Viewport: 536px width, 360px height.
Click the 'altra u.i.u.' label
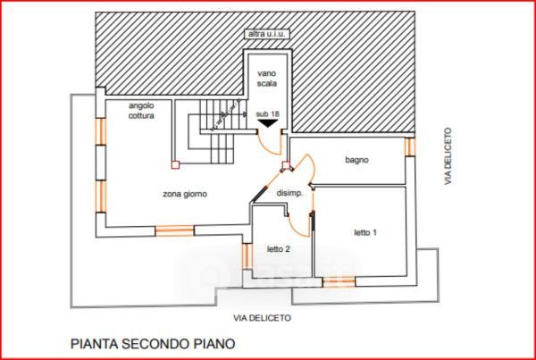coord(267,35)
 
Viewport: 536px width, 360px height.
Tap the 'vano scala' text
coord(267,78)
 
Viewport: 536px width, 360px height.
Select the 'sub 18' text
coord(267,113)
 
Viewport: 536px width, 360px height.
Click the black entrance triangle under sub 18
coord(267,125)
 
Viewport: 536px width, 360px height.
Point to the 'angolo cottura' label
coord(141,110)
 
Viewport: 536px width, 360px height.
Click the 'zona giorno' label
coord(185,194)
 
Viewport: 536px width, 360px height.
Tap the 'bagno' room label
coord(357,160)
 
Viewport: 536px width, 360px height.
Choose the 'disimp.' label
coord(290,193)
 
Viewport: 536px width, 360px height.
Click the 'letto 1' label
coord(364,233)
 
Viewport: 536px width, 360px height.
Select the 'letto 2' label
coord(278,248)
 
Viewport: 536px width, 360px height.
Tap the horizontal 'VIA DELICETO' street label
coord(262,317)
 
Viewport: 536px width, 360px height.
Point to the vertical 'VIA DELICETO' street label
coord(448,156)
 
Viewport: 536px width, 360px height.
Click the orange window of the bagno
coord(410,146)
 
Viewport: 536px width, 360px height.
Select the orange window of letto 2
coord(246,255)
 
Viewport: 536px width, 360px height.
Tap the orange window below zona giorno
coord(174,230)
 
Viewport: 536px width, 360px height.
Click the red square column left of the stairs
coord(175,163)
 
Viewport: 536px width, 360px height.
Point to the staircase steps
coord(214,134)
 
